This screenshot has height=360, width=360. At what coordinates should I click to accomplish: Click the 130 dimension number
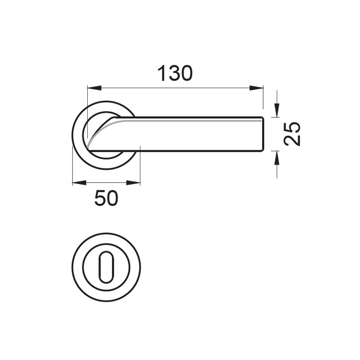coord(175,73)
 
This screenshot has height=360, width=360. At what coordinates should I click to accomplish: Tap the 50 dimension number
coord(106,198)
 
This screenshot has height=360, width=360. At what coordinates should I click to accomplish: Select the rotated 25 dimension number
coord(292,134)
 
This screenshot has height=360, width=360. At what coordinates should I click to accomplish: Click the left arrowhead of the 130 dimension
coord(94,88)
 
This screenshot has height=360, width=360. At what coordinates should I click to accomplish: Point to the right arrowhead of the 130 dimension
coord(256,88)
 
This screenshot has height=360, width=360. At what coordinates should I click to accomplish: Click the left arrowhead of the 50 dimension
coord(79,183)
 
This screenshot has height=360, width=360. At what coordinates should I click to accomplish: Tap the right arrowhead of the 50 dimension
coord(133,183)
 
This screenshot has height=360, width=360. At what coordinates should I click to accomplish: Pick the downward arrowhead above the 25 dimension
coord(277,110)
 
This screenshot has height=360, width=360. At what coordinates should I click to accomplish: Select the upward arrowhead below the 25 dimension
coord(277,158)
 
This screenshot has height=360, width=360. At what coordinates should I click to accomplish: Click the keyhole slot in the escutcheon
coord(106,267)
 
